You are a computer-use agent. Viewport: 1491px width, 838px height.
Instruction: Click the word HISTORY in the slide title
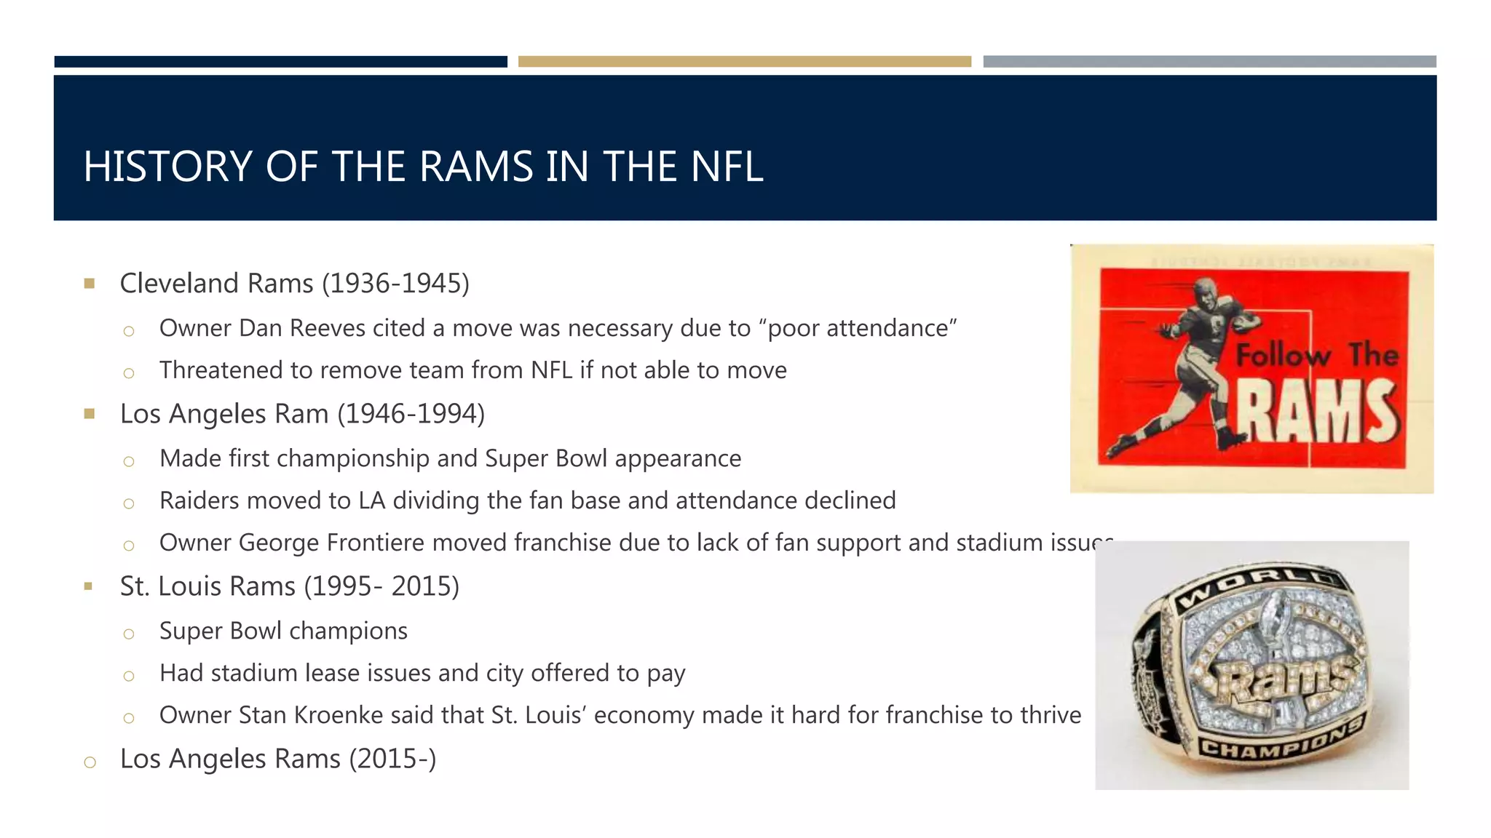pos(167,167)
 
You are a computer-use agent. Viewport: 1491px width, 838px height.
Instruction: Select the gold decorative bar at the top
pos(744,62)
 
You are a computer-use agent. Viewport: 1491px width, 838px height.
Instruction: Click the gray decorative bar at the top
pos(1209,62)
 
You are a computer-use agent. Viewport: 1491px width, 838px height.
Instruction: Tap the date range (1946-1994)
pos(411,414)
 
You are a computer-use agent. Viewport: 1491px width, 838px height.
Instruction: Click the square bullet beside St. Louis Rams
pos(89,586)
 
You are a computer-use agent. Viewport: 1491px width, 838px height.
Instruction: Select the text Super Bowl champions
pos(283,631)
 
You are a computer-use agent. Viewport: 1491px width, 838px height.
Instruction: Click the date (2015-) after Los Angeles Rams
pos(392,759)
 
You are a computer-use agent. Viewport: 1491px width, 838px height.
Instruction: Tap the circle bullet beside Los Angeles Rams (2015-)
pos(90,762)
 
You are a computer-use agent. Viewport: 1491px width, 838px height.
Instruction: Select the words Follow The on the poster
pos(1316,355)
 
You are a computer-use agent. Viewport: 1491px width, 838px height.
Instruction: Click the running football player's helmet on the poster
pos(1205,288)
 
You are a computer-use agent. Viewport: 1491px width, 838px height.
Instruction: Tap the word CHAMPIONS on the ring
pos(1281,739)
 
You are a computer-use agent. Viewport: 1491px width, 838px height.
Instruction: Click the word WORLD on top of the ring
pos(1259,586)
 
